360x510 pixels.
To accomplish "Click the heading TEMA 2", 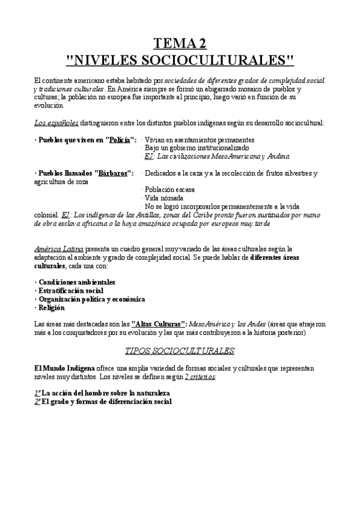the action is tap(180, 43).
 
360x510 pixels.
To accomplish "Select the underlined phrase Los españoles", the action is tap(56, 123).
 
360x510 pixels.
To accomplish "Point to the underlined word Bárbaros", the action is tap(111, 173).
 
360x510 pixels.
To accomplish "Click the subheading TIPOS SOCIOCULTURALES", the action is tap(180, 350).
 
